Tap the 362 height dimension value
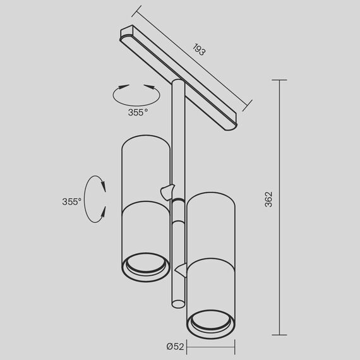click(x=268, y=200)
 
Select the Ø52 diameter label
click(x=176, y=346)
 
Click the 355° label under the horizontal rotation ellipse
click(x=138, y=112)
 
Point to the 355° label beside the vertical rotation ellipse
click(x=71, y=201)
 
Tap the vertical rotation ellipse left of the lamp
click(x=94, y=198)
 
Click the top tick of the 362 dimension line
click(x=280, y=80)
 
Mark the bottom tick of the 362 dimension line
click(x=280, y=335)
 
